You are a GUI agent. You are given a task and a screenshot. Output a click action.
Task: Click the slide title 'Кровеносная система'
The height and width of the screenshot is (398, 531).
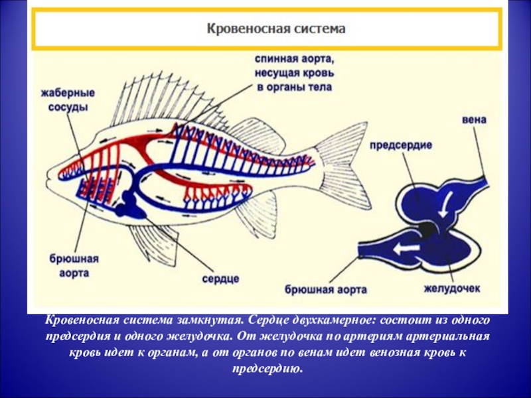click(x=277, y=30)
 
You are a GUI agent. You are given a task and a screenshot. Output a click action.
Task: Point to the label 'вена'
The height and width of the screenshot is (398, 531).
click(x=475, y=120)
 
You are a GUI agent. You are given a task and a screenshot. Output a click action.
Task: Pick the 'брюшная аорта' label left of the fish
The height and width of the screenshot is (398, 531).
click(x=69, y=265)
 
